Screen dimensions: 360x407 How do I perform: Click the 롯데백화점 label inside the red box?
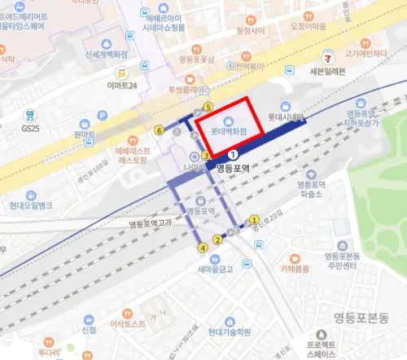click(x=230, y=130)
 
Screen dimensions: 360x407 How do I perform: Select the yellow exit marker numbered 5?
click(x=208, y=107)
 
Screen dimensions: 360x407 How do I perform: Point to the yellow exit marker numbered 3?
click(x=207, y=155)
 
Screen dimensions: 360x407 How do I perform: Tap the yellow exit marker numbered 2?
click(x=217, y=239)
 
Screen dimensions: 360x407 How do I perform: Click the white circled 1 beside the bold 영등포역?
click(x=233, y=153)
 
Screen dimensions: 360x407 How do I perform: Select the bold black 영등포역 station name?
click(x=237, y=168)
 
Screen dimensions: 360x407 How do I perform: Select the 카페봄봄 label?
click(x=295, y=268)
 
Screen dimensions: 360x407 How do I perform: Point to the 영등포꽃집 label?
click(x=195, y=59)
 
